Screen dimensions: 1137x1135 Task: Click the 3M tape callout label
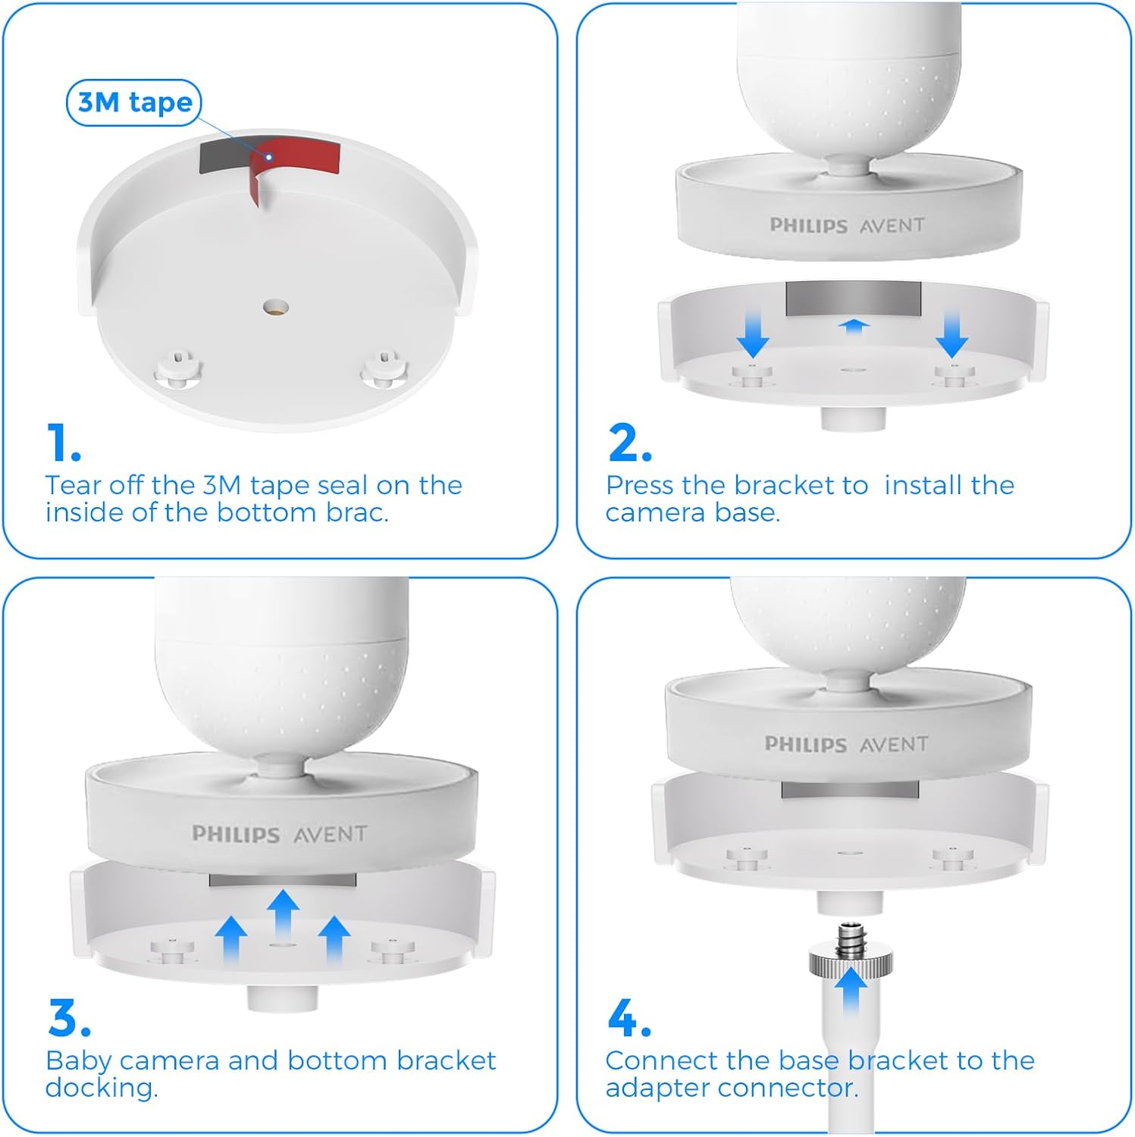(x=134, y=102)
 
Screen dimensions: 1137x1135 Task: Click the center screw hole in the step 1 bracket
(x=275, y=308)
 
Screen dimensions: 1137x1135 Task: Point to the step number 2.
(x=629, y=443)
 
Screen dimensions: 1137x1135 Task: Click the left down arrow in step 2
(x=753, y=334)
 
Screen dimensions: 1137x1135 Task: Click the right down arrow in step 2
(x=952, y=334)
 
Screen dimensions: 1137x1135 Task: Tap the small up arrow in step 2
(x=854, y=326)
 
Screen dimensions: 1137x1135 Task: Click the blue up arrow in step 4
(x=851, y=989)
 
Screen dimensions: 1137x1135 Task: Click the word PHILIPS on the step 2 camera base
(x=808, y=226)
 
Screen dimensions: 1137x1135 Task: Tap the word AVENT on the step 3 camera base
(x=330, y=835)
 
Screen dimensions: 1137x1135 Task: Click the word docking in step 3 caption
(x=101, y=1088)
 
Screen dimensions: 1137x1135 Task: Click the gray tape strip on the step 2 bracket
(x=853, y=299)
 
